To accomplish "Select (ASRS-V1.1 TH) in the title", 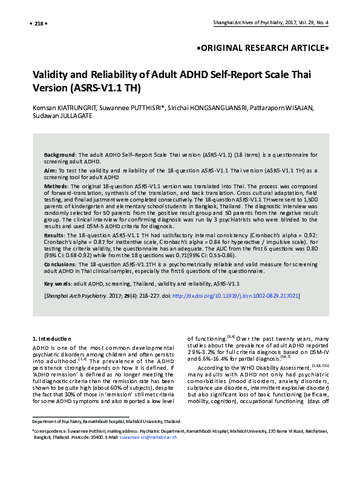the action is tap(106, 88).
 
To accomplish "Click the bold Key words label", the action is tap(59, 283).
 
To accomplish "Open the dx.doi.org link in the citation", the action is tap(236, 296).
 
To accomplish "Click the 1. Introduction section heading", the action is tap(51, 338).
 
